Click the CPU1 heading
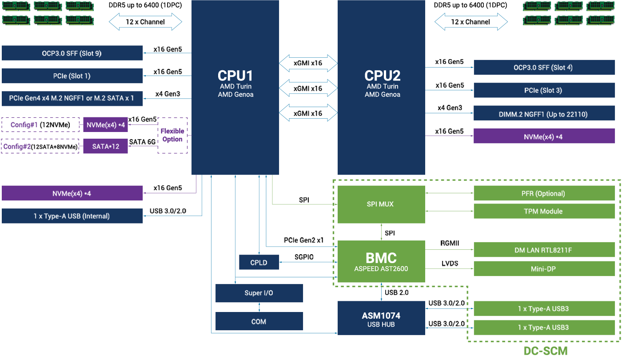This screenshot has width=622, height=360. coord(235,75)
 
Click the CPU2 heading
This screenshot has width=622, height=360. coord(382,75)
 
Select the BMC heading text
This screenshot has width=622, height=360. coord(381,258)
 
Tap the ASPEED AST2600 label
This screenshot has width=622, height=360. coord(381,268)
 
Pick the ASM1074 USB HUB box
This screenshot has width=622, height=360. coord(381,320)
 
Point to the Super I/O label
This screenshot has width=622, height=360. coord(259,293)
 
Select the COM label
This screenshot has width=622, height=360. coord(259,321)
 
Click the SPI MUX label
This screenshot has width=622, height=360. coord(380,204)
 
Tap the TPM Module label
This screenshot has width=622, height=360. coord(543,212)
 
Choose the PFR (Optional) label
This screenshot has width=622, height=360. coord(543,194)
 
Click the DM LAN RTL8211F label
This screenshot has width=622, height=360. coord(543,250)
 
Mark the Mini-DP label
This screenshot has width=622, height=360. coord(543,269)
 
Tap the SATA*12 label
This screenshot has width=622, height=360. coord(106,146)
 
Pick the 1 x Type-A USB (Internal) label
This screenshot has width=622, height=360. coord(72,216)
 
